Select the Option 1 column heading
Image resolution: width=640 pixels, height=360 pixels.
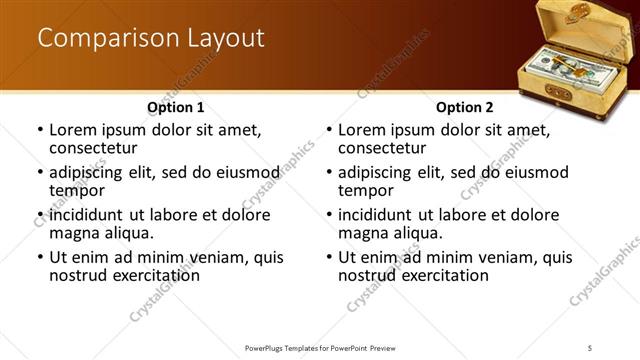[x=176, y=106]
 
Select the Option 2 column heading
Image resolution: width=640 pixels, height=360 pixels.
[x=465, y=106]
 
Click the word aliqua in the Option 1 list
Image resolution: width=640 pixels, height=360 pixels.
[x=127, y=233]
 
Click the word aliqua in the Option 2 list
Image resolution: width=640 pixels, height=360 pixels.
[x=416, y=233]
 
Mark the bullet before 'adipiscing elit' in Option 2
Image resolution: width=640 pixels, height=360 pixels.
[x=329, y=172]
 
